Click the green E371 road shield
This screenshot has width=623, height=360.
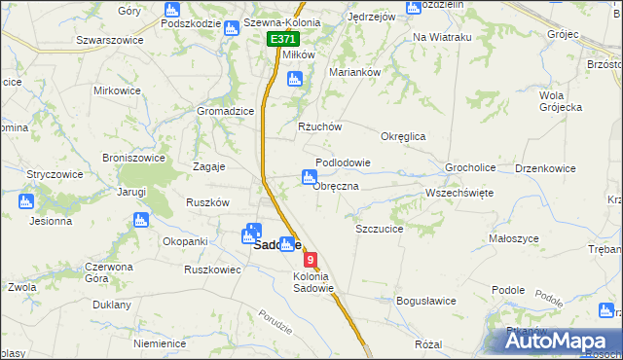click(x=283, y=39)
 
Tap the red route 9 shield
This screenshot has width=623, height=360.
click(x=311, y=260)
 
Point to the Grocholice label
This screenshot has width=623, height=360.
click(x=470, y=167)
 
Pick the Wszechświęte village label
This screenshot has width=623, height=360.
click(x=459, y=193)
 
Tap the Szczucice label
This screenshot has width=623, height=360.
click(x=380, y=229)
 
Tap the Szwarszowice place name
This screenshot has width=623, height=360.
click(x=109, y=40)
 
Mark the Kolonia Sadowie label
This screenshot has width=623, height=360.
click(x=313, y=282)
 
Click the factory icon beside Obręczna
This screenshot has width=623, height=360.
click(x=308, y=176)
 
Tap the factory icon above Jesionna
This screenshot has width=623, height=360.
click(x=26, y=202)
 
